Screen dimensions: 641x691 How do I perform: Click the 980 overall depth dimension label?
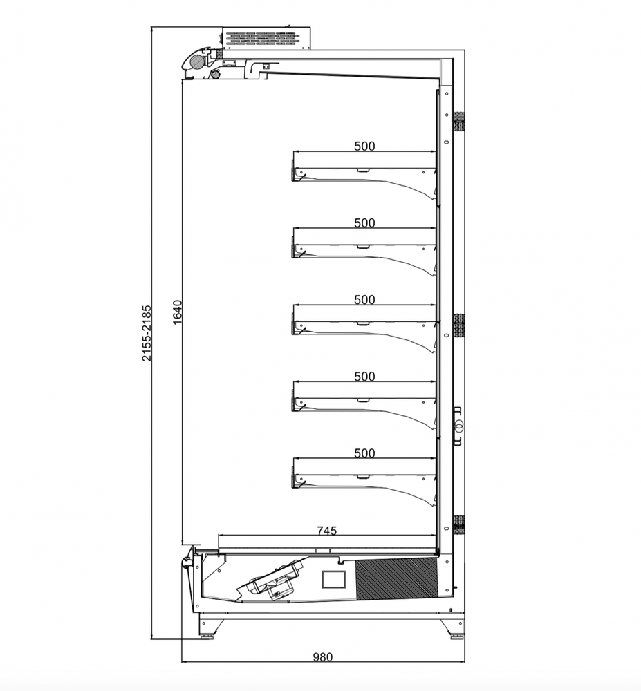[323, 657]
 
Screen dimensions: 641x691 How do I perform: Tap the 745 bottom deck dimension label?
[327, 531]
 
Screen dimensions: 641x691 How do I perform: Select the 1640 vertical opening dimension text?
[177, 312]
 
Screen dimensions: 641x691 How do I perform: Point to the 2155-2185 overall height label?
[147, 333]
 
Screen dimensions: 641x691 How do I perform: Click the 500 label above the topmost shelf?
[364, 146]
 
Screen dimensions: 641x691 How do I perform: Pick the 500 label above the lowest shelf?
[364, 453]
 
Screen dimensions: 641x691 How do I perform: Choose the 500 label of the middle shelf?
[364, 300]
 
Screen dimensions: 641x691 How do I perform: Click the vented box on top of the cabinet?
[266, 38]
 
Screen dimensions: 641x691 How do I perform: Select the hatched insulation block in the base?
[396, 578]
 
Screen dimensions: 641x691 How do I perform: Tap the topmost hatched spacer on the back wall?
[459, 121]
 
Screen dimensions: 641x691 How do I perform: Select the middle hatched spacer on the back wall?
[459, 325]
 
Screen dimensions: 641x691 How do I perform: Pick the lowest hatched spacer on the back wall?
[459, 524]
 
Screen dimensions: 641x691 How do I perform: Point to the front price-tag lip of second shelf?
[292, 247]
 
